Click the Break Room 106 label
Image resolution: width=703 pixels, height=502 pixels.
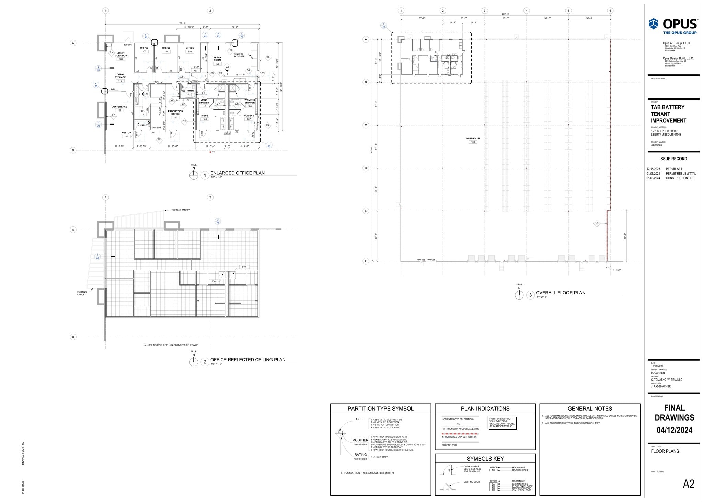(217, 59)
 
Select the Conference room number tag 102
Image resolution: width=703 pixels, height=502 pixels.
(119, 110)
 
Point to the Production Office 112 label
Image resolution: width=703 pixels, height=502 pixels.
(175, 113)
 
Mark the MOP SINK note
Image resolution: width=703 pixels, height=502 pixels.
(157, 128)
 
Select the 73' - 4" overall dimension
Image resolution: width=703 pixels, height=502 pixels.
(182, 23)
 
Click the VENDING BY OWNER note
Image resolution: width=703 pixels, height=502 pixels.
(239, 55)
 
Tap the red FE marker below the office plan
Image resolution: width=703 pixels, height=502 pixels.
(210, 152)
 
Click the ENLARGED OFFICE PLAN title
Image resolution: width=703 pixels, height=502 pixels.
(237, 173)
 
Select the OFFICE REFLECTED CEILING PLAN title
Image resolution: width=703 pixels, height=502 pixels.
(247, 360)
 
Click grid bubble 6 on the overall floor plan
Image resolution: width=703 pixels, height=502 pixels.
(610, 11)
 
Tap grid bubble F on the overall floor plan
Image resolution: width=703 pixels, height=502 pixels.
(366, 261)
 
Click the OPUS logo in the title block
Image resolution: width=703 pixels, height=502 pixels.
(673, 25)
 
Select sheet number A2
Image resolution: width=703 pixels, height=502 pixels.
(689, 484)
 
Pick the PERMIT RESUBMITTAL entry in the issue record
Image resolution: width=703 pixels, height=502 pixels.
(681, 174)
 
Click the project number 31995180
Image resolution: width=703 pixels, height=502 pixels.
(656, 145)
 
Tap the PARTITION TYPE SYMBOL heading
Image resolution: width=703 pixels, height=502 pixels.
(380, 409)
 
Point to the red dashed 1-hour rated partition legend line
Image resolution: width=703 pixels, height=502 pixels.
(460, 434)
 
